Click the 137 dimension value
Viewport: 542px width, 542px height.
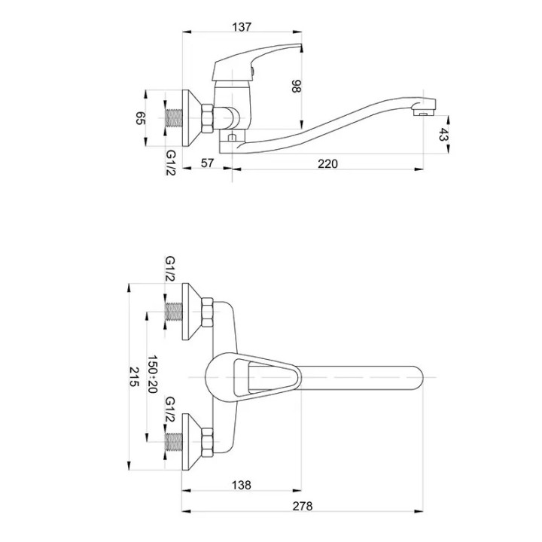pos(242,26)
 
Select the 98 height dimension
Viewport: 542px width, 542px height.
pos(297,86)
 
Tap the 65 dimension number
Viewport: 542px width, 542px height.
pos(141,118)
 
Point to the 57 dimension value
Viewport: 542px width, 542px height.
pos(207,163)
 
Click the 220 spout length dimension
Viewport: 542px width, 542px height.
pos(327,163)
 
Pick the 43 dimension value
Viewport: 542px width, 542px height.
pos(443,134)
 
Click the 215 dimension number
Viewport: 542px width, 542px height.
pos(134,376)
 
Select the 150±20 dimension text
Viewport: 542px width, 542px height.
pos(152,373)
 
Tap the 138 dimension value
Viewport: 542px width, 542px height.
pos(242,485)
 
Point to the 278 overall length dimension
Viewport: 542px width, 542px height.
pos(303,506)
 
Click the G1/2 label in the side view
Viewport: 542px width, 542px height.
pos(171,163)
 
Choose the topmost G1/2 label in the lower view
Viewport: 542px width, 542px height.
pos(170,269)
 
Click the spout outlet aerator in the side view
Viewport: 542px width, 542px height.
pos(423,112)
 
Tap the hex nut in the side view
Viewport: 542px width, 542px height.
pos(208,118)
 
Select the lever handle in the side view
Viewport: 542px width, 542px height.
pos(257,62)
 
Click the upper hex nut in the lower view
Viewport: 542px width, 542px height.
pos(207,312)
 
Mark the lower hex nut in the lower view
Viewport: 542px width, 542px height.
pos(207,443)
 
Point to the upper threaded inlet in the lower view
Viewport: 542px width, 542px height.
pos(174,312)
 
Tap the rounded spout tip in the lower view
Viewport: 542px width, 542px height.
pos(416,377)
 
